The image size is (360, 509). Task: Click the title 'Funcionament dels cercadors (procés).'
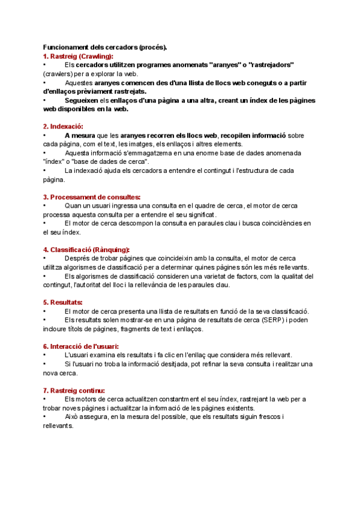(106, 47)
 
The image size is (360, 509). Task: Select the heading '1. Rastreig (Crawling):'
(78, 56)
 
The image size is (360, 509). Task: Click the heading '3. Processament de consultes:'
(92, 197)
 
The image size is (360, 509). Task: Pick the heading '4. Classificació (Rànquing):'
(86, 250)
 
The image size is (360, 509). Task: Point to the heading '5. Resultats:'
(62, 302)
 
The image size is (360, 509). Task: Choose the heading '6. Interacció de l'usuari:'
(81, 346)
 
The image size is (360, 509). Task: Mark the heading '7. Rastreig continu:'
(74, 390)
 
